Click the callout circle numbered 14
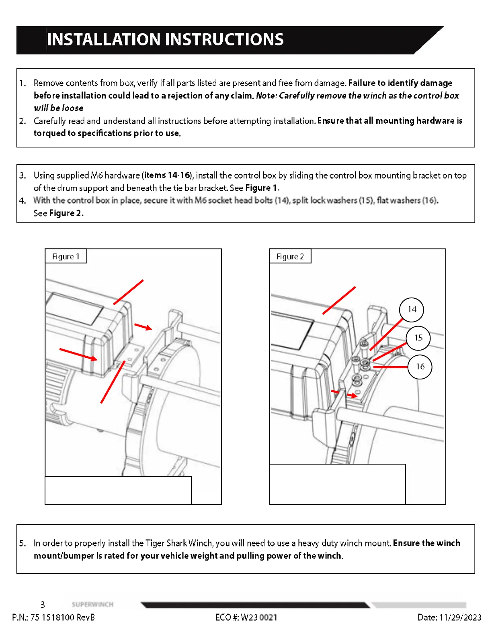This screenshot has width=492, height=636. (412, 310)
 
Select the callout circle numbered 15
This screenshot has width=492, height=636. (418, 338)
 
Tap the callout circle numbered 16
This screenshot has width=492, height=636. (420, 367)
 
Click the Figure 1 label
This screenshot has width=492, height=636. (66, 257)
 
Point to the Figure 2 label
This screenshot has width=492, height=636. (290, 257)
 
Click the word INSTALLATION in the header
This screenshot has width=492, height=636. (104, 40)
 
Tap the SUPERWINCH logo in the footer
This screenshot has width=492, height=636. (92, 604)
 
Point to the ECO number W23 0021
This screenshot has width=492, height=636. (259, 618)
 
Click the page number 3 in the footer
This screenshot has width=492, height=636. (43, 605)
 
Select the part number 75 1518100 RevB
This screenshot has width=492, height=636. (63, 618)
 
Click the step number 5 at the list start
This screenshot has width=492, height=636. (23, 543)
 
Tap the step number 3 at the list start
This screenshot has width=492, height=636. (23, 175)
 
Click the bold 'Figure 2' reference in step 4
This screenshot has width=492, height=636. (66, 213)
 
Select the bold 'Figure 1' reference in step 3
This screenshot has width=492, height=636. (261, 188)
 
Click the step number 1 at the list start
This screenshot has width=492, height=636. (23, 83)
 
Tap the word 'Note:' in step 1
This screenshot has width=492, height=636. (266, 96)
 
